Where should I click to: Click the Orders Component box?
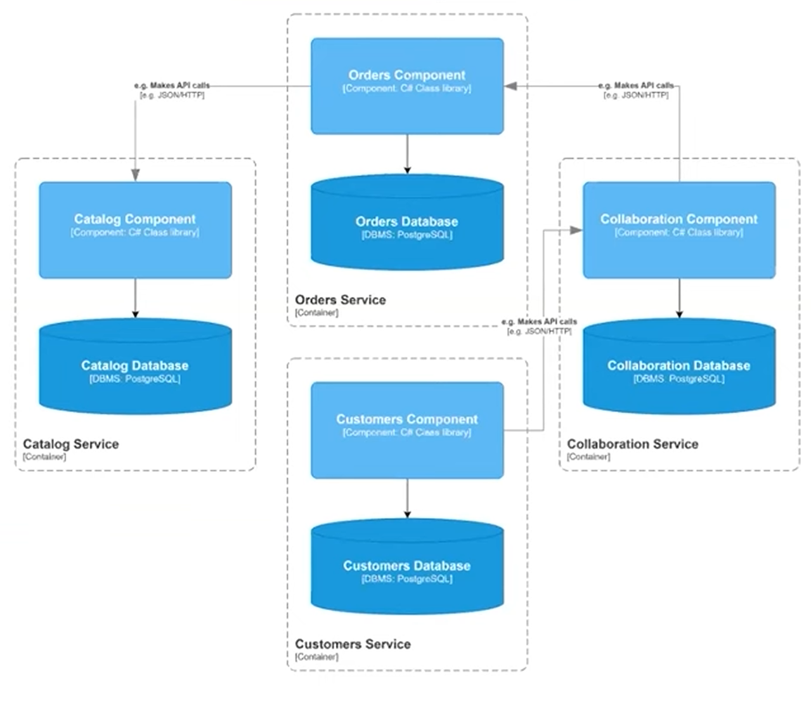[x=407, y=86]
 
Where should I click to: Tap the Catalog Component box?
[x=135, y=230]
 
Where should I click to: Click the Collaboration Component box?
[x=679, y=230]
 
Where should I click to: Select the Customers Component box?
[x=407, y=430]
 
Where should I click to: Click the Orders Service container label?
[x=341, y=300]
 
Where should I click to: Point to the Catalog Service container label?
[x=71, y=444]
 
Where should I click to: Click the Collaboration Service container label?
[x=632, y=444]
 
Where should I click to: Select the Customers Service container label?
[x=353, y=644]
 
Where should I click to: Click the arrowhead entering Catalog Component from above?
[x=135, y=174]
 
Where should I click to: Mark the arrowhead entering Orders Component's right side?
[x=511, y=86]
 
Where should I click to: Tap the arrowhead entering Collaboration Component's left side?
[x=576, y=230]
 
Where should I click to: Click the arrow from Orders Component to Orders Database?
[x=407, y=154]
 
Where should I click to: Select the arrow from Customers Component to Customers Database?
[x=407, y=499]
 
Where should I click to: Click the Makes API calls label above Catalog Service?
[x=172, y=90]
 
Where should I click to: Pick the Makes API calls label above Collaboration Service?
[x=636, y=90]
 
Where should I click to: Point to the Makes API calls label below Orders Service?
[x=539, y=326]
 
